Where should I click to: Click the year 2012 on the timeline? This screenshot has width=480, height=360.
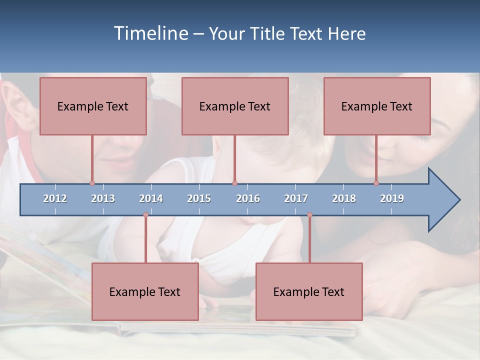[55, 198]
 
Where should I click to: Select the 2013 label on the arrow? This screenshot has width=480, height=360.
[103, 198]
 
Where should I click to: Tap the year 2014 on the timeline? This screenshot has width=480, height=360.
[151, 198]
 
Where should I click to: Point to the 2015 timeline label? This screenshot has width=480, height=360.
[199, 198]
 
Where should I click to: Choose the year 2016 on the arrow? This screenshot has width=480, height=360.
[248, 198]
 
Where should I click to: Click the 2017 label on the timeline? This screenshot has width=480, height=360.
[296, 198]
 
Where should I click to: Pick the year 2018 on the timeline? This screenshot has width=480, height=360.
[344, 198]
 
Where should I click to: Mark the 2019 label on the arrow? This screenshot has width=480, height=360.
[392, 198]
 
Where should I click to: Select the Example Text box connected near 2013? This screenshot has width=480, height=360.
[93, 106]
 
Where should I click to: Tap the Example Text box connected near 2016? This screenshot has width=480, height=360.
[235, 106]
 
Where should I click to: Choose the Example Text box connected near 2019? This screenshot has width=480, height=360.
[377, 106]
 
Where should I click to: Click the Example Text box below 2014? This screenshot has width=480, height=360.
[145, 291]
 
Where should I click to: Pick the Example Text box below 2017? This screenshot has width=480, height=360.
[309, 291]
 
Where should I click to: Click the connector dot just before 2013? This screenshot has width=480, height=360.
[92, 183]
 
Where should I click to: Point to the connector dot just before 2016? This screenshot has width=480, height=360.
[234, 183]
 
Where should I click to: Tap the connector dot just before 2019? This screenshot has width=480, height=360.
[376, 183]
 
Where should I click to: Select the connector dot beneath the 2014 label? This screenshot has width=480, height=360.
[145, 215]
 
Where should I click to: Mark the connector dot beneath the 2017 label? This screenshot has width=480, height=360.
[309, 215]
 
